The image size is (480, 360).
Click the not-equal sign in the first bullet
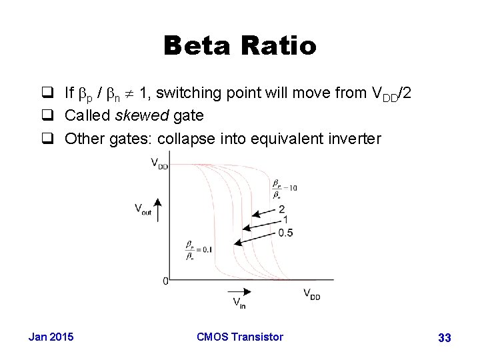click(x=130, y=94)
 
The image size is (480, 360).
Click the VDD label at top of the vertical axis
click(x=159, y=163)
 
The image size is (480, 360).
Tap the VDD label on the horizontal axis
click(x=311, y=293)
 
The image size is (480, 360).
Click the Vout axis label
click(x=143, y=209)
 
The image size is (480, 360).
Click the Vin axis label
click(x=239, y=303)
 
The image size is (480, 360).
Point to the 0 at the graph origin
click(x=165, y=281)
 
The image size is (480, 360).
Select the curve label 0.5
click(x=285, y=232)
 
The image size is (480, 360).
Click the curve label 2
click(x=282, y=209)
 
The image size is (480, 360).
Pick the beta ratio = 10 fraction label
click(x=284, y=188)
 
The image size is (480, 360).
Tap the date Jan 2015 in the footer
click(x=51, y=337)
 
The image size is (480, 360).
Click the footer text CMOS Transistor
click(x=240, y=337)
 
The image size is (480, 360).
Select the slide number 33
click(x=444, y=338)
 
